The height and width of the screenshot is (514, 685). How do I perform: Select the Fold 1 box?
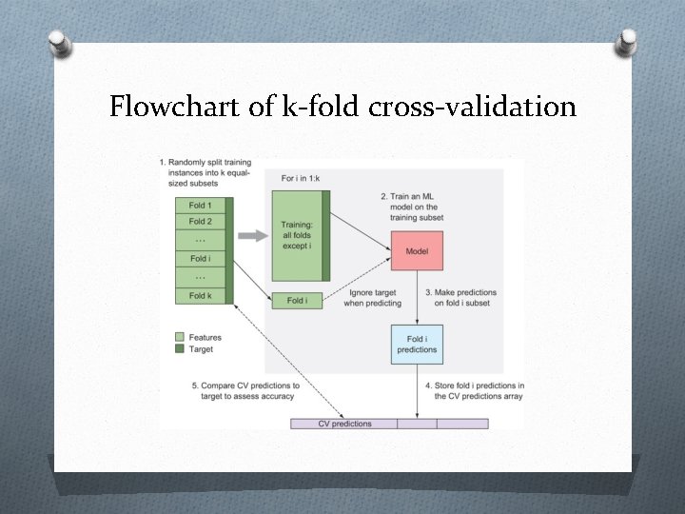tap(200, 206)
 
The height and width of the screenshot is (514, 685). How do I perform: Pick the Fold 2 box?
tap(200, 222)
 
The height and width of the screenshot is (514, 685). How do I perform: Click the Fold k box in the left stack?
tap(200, 295)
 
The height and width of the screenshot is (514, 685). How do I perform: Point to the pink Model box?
tap(417, 251)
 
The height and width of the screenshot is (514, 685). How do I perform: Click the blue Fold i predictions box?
tap(416, 345)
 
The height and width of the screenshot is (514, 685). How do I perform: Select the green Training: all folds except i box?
tap(297, 234)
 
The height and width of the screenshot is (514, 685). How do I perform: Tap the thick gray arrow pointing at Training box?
tap(251, 235)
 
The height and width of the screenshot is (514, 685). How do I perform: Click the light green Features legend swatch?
tap(180, 337)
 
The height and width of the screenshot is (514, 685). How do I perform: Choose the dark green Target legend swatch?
tap(180, 349)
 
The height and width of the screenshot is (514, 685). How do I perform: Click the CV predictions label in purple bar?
tap(344, 424)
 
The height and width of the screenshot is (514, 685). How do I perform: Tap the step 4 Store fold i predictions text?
tap(473, 391)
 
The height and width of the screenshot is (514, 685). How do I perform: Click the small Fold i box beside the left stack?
tap(296, 301)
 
